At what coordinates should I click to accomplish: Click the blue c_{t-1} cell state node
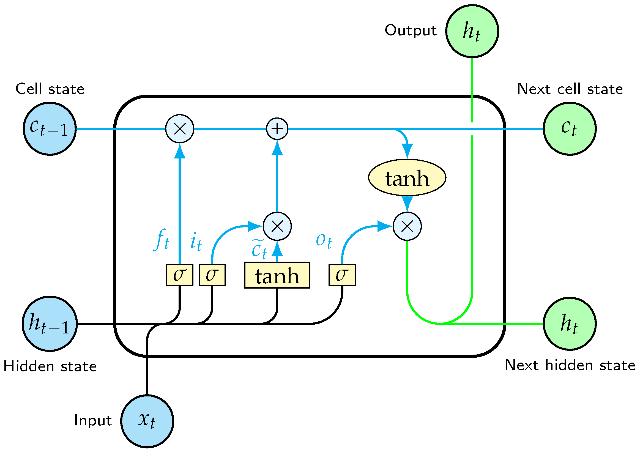[50, 129]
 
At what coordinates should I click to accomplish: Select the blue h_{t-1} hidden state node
[50, 324]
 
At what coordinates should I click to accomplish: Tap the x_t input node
[147, 421]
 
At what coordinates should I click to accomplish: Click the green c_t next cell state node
[570, 129]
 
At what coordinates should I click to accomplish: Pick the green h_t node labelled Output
[472, 31]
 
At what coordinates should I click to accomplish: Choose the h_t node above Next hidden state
[570, 324]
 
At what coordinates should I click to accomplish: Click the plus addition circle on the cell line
[277, 129]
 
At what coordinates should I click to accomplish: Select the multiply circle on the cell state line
[179, 129]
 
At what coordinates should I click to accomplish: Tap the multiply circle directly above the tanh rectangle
[277, 226]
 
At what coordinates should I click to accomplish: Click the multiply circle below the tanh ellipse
[407, 226]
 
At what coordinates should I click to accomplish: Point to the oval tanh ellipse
[407, 178]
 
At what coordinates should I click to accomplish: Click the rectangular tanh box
[277, 275]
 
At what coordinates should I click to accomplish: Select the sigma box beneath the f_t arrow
[179, 275]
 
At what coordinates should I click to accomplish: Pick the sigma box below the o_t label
[342, 275]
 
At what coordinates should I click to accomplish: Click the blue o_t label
[324, 240]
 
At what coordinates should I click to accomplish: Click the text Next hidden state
[570, 365]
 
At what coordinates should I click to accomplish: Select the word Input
[93, 421]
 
